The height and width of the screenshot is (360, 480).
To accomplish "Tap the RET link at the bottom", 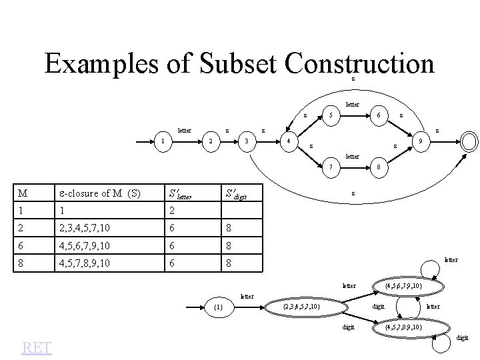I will (x=37, y=347).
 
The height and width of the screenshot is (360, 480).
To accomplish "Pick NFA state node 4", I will (x=287, y=141).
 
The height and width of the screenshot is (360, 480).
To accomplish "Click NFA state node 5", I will (x=331, y=114).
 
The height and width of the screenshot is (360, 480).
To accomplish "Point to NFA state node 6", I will (x=378, y=114).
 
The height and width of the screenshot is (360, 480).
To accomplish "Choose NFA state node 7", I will (x=331, y=167).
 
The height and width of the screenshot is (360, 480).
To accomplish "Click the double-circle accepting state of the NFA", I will (x=469, y=141).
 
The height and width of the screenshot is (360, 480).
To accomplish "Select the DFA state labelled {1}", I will (x=218, y=307).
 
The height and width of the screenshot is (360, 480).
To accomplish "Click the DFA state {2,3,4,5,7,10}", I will (x=302, y=307).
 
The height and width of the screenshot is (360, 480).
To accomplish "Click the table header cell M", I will (x=23, y=193).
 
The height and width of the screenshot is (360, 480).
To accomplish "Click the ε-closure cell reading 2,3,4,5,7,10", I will (x=83, y=227).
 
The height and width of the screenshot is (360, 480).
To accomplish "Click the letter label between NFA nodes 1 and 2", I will (x=184, y=130).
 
